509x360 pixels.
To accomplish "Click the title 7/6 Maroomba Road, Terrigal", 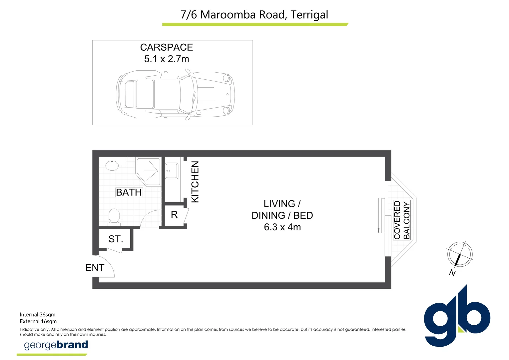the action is [254, 15].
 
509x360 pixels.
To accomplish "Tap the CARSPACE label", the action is [167, 47].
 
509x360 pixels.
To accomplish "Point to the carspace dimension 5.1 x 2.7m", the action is [167, 59].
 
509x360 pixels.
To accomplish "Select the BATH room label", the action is [129, 192].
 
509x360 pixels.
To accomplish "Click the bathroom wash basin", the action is [112, 165].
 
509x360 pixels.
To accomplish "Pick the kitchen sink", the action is [171, 171].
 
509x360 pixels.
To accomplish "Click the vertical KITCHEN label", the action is [195, 182].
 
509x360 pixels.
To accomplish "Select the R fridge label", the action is [174, 214].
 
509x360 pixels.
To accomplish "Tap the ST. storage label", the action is [116, 239].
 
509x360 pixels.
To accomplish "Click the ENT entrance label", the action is [95, 268].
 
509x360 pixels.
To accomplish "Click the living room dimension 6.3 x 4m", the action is [282, 227].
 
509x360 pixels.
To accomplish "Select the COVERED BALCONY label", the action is [402, 220].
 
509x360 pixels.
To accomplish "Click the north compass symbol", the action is [460, 254].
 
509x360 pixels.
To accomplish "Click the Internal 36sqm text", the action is [38, 315].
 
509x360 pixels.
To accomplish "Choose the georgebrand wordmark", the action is [56, 345].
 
